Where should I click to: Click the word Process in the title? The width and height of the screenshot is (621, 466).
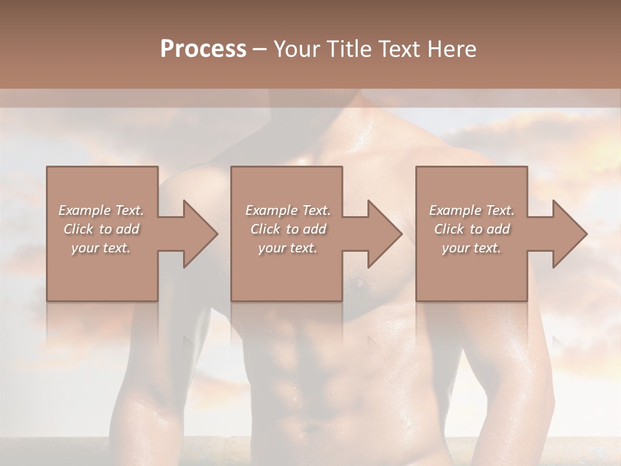(x=203, y=49)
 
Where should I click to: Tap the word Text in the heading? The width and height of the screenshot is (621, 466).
(x=397, y=49)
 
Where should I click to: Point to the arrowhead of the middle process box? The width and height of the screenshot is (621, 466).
(x=384, y=234)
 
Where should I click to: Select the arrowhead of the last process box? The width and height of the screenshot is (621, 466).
(x=569, y=234)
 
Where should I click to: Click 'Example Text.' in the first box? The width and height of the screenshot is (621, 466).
(x=101, y=210)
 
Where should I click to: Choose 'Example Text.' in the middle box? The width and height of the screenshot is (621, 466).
(x=288, y=210)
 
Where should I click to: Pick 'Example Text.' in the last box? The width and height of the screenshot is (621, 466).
(x=472, y=210)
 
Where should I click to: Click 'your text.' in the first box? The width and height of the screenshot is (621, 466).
(x=101, y=248)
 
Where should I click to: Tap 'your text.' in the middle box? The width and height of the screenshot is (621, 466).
(x=288, y=248)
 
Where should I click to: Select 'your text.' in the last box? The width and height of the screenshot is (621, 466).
(x=472, y=248)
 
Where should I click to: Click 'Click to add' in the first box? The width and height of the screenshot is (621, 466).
(x=101, y=229)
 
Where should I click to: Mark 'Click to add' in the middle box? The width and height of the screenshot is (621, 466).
(x=288, y=229)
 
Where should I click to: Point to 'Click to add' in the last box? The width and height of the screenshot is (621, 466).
(x=472, y=229)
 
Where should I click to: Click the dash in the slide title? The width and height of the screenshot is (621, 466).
(x=260, y=50)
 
